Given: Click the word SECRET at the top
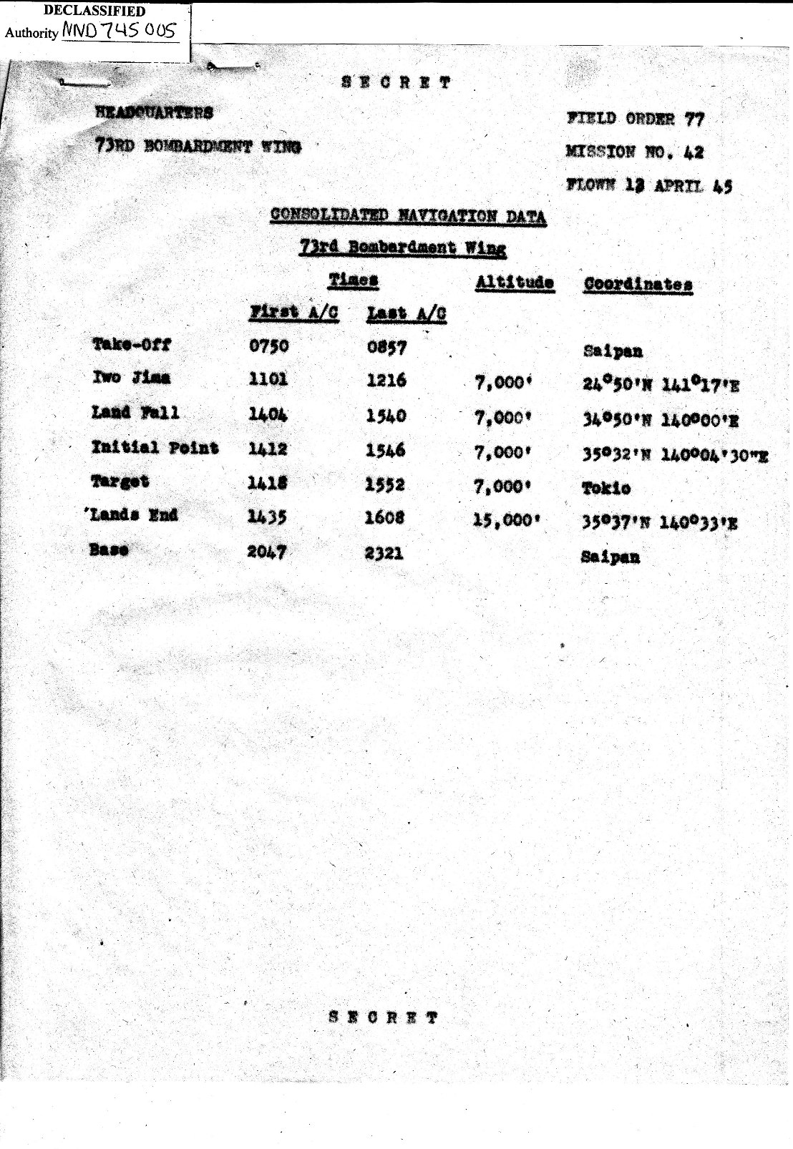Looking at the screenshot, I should pyautogui.click(x=396, y=82).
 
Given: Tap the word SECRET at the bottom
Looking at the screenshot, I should pyautogui.click(x=383, y=1017).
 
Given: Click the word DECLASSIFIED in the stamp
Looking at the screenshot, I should pyautogui.click(x=94, y=11).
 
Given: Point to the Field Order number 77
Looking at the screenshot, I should pyautogui.click(x=694, y=119).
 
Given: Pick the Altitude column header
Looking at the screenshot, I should pyautogui.click(x=515, y=283).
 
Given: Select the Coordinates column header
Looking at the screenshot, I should pyautogui.click(x=638, y=284).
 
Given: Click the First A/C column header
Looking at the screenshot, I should pyautogui.click(x=293, y=313).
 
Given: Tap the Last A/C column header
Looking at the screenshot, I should pyautogui.click(x=407, y=313).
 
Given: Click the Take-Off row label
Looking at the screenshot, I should pyautogui.click(x=132, y=344).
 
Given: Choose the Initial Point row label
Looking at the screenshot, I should pyautogui.click(x=155, y=448).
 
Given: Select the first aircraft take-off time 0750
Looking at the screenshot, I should pyautogui.click(x=268, y=346).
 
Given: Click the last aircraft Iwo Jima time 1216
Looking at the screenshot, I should pyautogui.click(x=386, y=381).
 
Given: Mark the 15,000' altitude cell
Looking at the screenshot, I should pyautogui.click(x=504, y=520).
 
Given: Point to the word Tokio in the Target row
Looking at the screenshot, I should pyautogui.click(x=605, y=488).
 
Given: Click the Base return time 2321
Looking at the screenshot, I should pyautogui.click(x=384, y=553).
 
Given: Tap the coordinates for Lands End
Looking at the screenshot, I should pyautogui.click(x=659, y=523).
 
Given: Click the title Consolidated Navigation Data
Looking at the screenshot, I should pyautogui.click(x=408, y=216).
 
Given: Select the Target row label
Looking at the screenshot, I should pyautogui.click(x=120, y=481).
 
